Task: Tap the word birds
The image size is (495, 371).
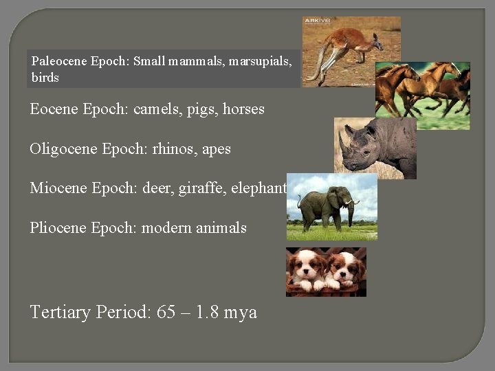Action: [45, 78]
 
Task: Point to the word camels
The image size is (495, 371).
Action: [158, 109]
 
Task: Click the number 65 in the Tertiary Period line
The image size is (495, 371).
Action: [166, 312]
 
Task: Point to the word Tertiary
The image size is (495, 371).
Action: [60, 313]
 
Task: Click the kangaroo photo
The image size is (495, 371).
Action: [351, 52]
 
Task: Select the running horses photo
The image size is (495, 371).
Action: [422, 95]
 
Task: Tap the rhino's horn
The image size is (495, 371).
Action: [342, 144]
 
